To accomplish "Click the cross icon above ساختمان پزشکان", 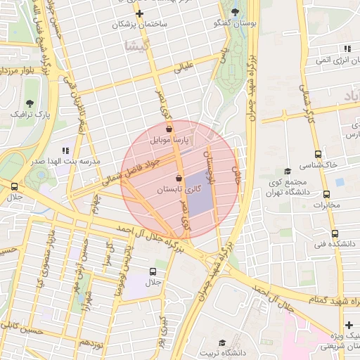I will tap(139, 13).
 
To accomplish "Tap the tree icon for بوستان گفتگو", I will tap(235, 12).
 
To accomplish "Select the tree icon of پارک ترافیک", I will tap(30, 103).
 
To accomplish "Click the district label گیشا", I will tap(133, 46).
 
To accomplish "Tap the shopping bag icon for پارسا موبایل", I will tap(169, 129).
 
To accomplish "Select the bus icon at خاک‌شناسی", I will tap(318, 154).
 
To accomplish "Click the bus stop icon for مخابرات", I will tap(326, 195).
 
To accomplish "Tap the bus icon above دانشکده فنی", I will tap(334, 233).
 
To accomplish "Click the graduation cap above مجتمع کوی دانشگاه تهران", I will tap(287, 171).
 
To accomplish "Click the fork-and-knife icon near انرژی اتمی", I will tap(347, 49).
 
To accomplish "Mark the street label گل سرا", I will tap(109, 253).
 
